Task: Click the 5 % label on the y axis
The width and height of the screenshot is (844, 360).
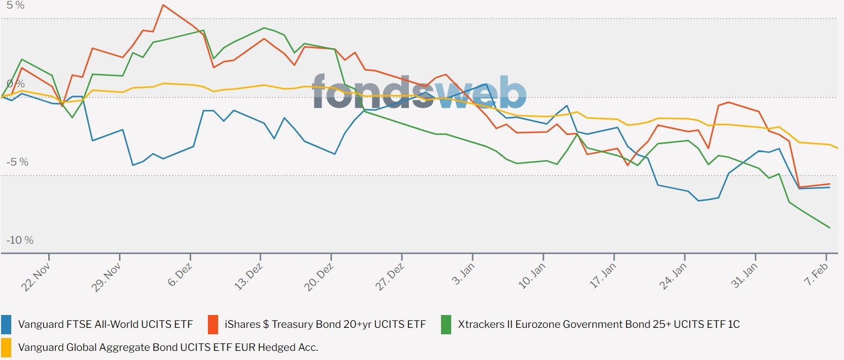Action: coord(16,5)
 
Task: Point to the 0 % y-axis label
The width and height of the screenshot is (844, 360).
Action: coord(16,84)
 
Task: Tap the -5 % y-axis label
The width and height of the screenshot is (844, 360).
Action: coord(18,162)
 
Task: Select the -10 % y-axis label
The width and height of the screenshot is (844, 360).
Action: coord(20,240)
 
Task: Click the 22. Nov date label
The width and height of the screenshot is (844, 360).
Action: coord(36,277)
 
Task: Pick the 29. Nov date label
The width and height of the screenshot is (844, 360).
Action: coord(107,277)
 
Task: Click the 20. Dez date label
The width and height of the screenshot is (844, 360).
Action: coord(319,277)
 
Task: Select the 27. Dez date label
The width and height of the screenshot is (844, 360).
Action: coord(390,277)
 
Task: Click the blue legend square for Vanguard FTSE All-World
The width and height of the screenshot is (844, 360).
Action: coord(6,324)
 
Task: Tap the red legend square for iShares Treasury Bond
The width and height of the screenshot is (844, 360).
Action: coord(213,324)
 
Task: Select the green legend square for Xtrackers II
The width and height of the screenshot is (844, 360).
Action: coord(446,324)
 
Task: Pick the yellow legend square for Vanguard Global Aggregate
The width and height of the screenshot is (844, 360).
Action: coord(6,347)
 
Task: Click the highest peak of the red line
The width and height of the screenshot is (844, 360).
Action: coord(163,5)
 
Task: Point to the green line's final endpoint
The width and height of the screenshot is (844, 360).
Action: coord(830,228)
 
